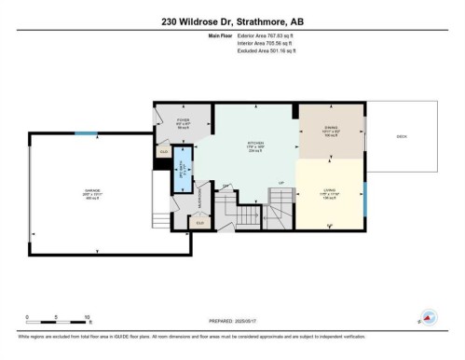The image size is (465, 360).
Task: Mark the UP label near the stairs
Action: [280, 183]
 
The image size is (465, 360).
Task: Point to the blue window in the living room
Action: [364, 198]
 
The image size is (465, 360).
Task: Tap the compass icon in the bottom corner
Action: [428, 317]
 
